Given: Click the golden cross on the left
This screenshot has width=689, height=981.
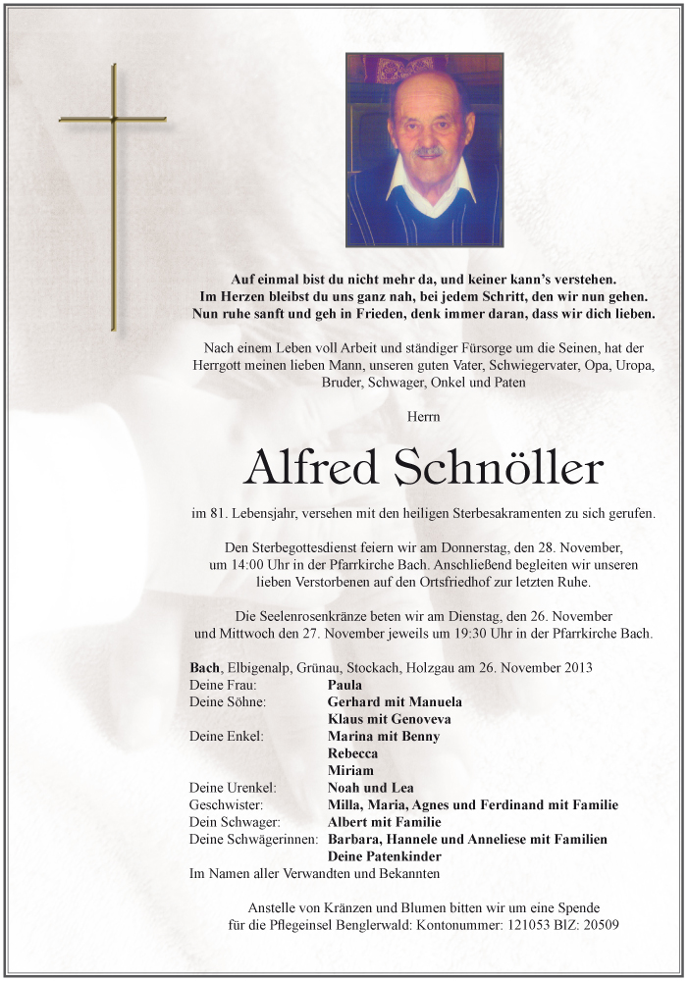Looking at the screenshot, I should pyautogui.click(x=114, y=196).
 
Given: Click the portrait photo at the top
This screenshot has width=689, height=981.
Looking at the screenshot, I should pyautogui.click(x=424, y=149).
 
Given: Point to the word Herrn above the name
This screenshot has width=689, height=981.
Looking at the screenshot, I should pyautogui.click(x=423, y=417).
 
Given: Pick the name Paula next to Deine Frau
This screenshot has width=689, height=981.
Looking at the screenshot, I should pyautogui.click(x=344, y=685).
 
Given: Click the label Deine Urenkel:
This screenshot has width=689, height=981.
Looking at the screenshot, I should pyautogui.click(x=233, y=788).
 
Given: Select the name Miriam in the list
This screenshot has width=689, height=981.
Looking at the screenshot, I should pyautogui.click(x=350, y=770).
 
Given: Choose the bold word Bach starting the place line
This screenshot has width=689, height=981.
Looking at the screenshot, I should pyautogui.click(x=205, y=668).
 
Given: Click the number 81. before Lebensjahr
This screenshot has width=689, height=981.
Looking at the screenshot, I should pyautogui.click(x=224, y=513).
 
